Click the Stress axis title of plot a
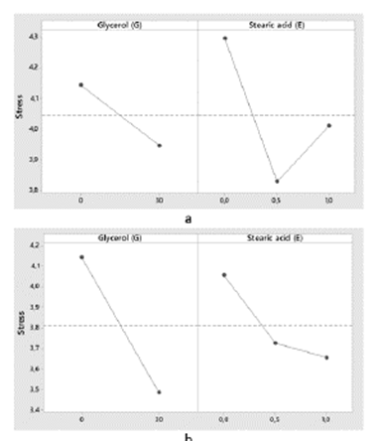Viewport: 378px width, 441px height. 18,107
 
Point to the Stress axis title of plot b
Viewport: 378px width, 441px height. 18,322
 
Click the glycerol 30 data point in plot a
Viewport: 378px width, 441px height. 160,145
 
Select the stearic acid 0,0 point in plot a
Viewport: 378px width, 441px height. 224,38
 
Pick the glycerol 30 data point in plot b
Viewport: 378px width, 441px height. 160,391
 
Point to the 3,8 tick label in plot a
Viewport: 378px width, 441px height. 33,189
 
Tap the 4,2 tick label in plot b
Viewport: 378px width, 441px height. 33,244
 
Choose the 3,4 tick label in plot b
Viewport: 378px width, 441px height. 33,408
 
